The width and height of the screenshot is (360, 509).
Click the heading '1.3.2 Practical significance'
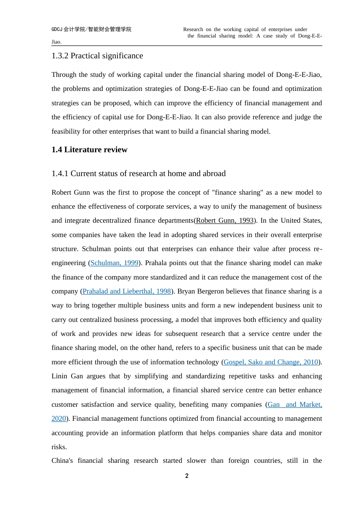pos(97,56)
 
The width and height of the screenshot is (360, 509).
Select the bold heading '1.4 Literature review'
pos(89,150)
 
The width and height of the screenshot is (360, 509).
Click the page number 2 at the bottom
pos(187,476)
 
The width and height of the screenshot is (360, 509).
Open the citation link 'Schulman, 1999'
pos(114,263)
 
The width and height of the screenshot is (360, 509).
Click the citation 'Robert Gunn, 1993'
pos(225,220)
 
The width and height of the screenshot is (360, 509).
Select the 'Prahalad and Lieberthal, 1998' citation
pos(127,291)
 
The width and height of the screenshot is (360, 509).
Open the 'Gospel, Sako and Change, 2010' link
pos(271,362)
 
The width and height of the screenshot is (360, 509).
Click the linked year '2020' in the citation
pos(59,418)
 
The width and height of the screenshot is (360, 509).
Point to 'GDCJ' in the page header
pos(57,29)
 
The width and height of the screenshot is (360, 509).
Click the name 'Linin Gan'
pos(67,376)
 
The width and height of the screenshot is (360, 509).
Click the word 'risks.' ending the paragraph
pos(59,447)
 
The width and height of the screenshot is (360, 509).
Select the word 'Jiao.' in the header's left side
pos(56,42)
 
